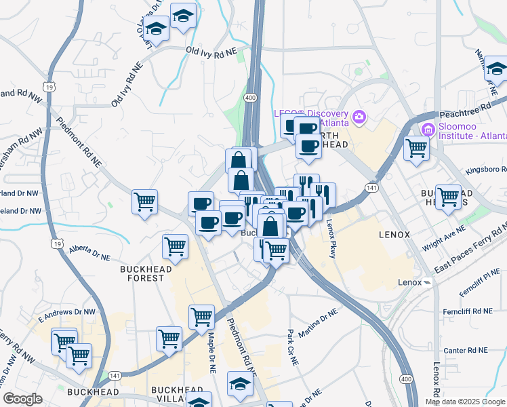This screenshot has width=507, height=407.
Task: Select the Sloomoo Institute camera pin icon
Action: (428, 129)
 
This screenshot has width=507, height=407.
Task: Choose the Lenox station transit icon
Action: (427, 282)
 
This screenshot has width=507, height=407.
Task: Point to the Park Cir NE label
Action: (292, 347)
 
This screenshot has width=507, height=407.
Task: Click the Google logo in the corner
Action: (22, 399)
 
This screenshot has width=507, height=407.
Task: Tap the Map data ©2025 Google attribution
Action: (465, 402)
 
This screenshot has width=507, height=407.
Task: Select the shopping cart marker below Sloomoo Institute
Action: (417, 148)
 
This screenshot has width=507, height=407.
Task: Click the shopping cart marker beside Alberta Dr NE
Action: (176, 246)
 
